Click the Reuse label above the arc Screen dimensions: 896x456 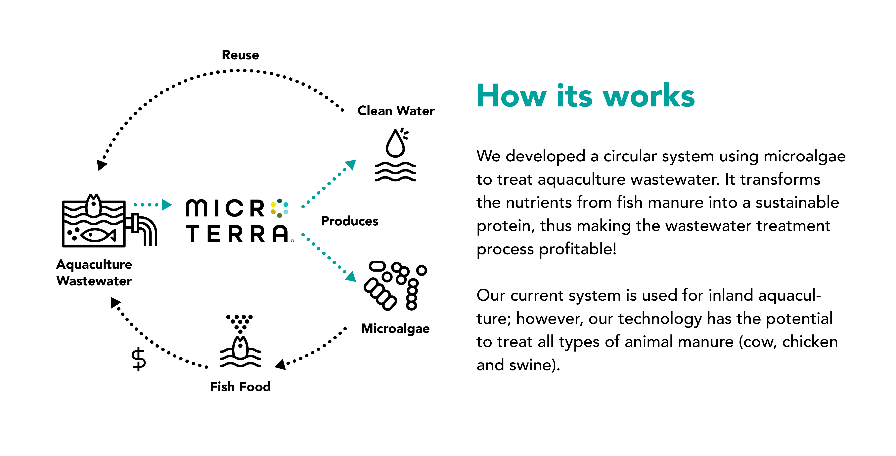point(240,55)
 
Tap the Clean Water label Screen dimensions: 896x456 point(396,111)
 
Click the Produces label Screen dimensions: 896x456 point(350,221)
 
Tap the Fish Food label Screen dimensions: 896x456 point(240,387)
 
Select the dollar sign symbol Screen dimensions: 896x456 point(139,359)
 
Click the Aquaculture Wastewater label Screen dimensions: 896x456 point(94,273)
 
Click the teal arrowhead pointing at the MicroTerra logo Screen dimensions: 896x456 point(167,205)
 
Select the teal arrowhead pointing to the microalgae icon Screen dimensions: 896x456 point(351,276)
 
